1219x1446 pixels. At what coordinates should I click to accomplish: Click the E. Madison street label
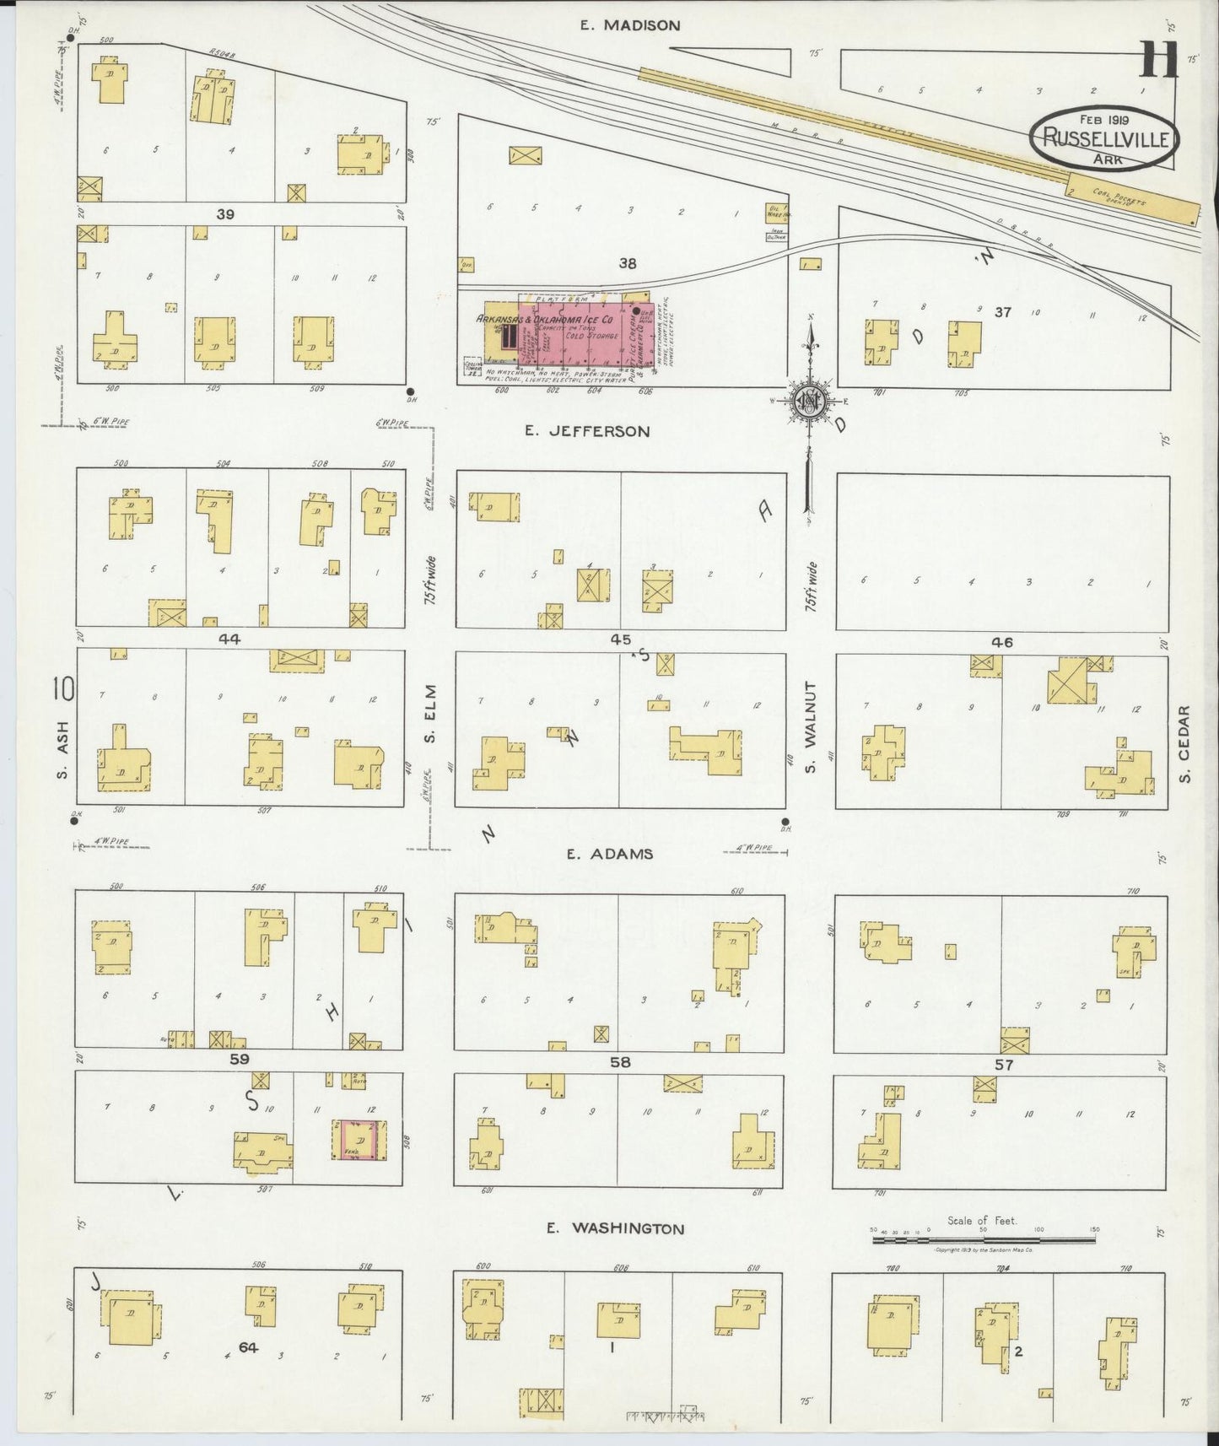click(x=629, y=25)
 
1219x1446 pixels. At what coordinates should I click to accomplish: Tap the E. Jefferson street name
click(x=587, y=431)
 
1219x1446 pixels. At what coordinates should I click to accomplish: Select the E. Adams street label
click(x=609, y=854)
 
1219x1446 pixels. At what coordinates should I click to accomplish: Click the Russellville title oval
click(x=1104, y=137)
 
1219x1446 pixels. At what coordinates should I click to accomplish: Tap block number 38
click(x=627, y=263)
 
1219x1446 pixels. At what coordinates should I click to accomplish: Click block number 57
click(x=1002, y=1065)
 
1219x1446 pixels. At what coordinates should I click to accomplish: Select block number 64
click(x=247, y=1347)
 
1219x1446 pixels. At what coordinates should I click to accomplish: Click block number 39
click(x=224, y=214)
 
